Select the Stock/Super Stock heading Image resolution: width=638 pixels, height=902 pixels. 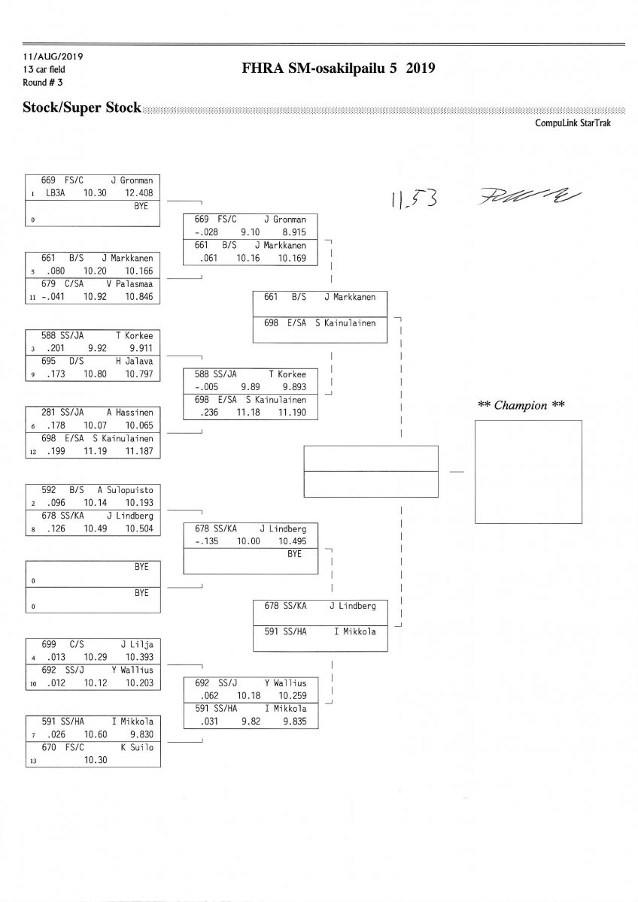click(x=82, y=108)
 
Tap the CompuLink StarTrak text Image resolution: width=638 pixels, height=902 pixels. click(x=573, y=123)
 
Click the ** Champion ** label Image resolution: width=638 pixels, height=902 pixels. click(x=521, y=405)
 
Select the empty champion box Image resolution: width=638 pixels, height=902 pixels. click(x=528, y=472)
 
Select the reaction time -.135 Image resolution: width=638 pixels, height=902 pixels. click(x=207, y=541)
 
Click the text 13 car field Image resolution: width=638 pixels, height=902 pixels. click(x=44, y=69)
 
